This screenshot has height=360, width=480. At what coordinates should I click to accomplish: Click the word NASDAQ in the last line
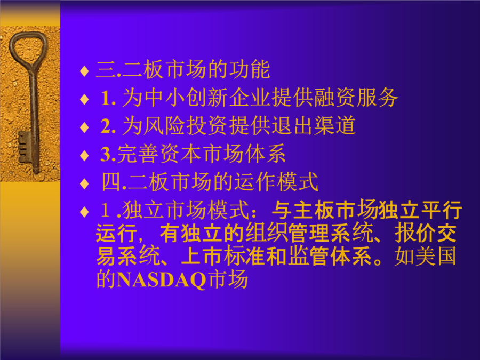[161, 279]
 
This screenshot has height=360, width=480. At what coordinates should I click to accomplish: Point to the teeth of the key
[23, 147]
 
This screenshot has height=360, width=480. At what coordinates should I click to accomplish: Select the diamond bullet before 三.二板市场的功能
[84, 71]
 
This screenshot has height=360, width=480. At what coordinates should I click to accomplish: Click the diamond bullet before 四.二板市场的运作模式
[84, 184]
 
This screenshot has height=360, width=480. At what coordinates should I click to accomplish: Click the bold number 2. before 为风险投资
[108, 126]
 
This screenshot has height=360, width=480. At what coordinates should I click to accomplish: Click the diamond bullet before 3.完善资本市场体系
[84, 156]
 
